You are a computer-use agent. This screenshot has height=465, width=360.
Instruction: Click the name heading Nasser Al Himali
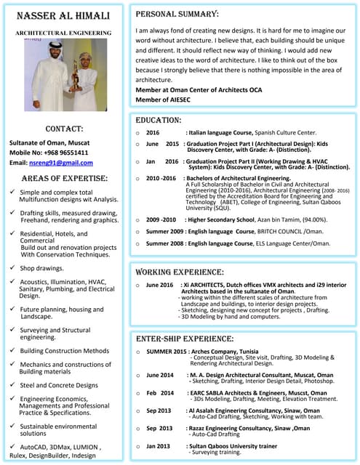click(63, 16)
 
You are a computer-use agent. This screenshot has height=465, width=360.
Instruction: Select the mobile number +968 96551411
click(68, 153)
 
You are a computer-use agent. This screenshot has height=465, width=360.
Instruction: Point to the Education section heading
click(159, 120)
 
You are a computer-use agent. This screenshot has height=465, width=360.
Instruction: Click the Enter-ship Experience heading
click(185, 339)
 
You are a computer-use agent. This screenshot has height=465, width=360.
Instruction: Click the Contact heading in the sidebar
click(63, 129)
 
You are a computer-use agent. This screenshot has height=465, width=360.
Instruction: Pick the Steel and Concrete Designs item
click(58, 385)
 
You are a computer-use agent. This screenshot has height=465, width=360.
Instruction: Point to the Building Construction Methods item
click(64, 350)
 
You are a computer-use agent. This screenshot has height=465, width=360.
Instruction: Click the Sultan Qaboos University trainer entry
click(233, 445)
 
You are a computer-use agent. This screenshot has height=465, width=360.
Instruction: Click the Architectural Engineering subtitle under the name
click(63, 33)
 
